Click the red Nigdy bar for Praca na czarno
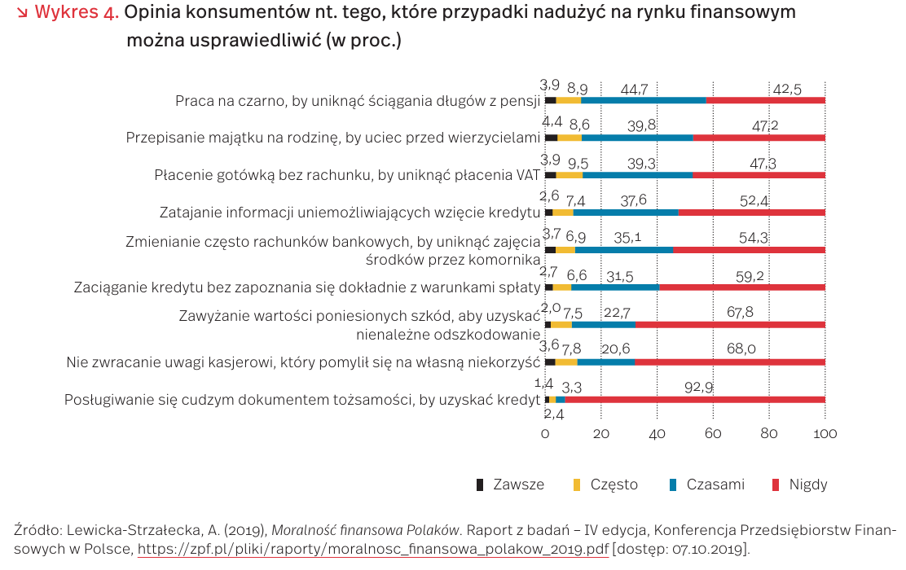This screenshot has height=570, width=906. [766, 100]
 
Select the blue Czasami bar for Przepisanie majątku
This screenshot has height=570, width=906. [637, 138]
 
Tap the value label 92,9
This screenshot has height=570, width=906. [699, 388]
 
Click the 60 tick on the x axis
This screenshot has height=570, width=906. [713, 435]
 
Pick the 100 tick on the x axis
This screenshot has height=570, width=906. [825, 435]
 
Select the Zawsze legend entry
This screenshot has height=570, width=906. [510, 484]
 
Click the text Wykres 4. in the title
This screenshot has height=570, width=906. [77, 12]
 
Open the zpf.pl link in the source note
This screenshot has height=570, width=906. [372, 548]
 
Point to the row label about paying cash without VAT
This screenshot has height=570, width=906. [347, 175]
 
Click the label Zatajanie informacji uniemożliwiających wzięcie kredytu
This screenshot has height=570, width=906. [350, 213]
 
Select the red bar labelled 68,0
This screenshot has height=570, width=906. [730, 362]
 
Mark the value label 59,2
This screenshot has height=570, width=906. [749, 277]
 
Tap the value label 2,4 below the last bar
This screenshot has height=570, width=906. [554, 414]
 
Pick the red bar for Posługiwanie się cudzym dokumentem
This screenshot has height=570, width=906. [694, 399]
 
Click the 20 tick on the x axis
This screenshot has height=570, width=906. [601, 435]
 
